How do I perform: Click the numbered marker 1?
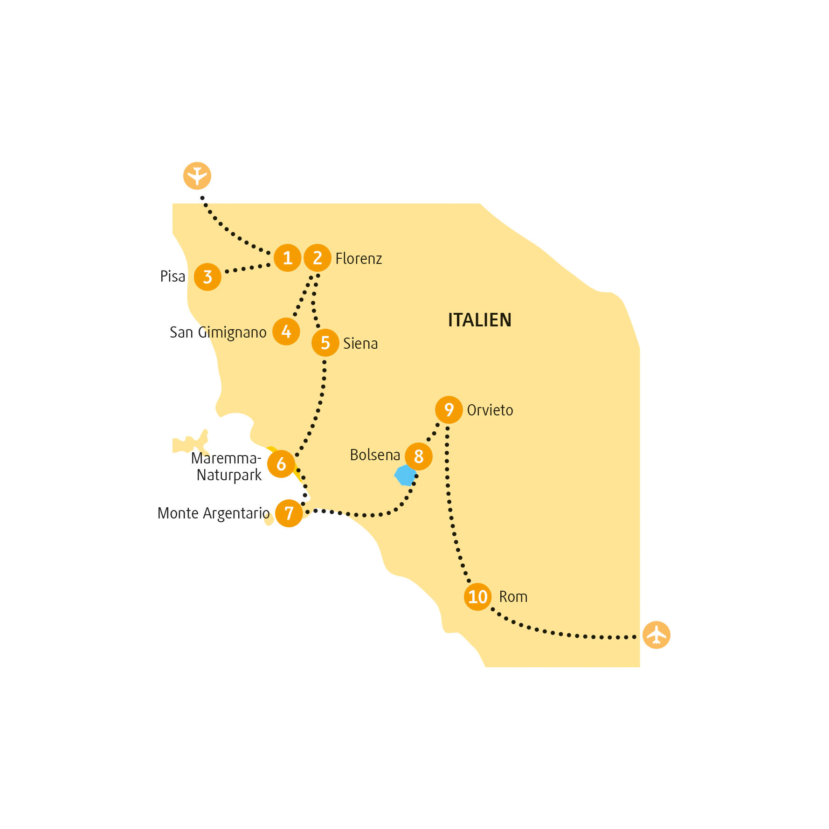pos(288,258)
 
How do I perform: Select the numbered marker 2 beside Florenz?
pos(318,258)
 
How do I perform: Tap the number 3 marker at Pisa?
pos(207,277)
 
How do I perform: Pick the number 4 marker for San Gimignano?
pos(286,332)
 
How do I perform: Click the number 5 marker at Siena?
pos(325,343)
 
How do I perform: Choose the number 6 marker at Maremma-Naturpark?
pos(281,464)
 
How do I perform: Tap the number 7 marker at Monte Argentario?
pos(289,513)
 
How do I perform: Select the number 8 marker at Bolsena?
pos(419,456)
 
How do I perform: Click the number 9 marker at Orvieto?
pos(449,410)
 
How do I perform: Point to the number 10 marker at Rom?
pos(478,597)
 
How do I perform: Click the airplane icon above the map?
pos(197,176)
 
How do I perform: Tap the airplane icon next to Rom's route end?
pos(656,635)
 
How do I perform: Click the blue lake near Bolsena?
pos(405,476)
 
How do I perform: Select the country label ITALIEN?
pos(480,320)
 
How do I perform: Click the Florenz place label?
pos(359,258)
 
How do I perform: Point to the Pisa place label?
pos(173,276)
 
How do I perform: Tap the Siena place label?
pos(360,344)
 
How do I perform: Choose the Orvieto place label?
pos(490,410)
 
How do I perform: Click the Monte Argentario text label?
pos(214,513)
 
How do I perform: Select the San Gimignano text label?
pos(218,332)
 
